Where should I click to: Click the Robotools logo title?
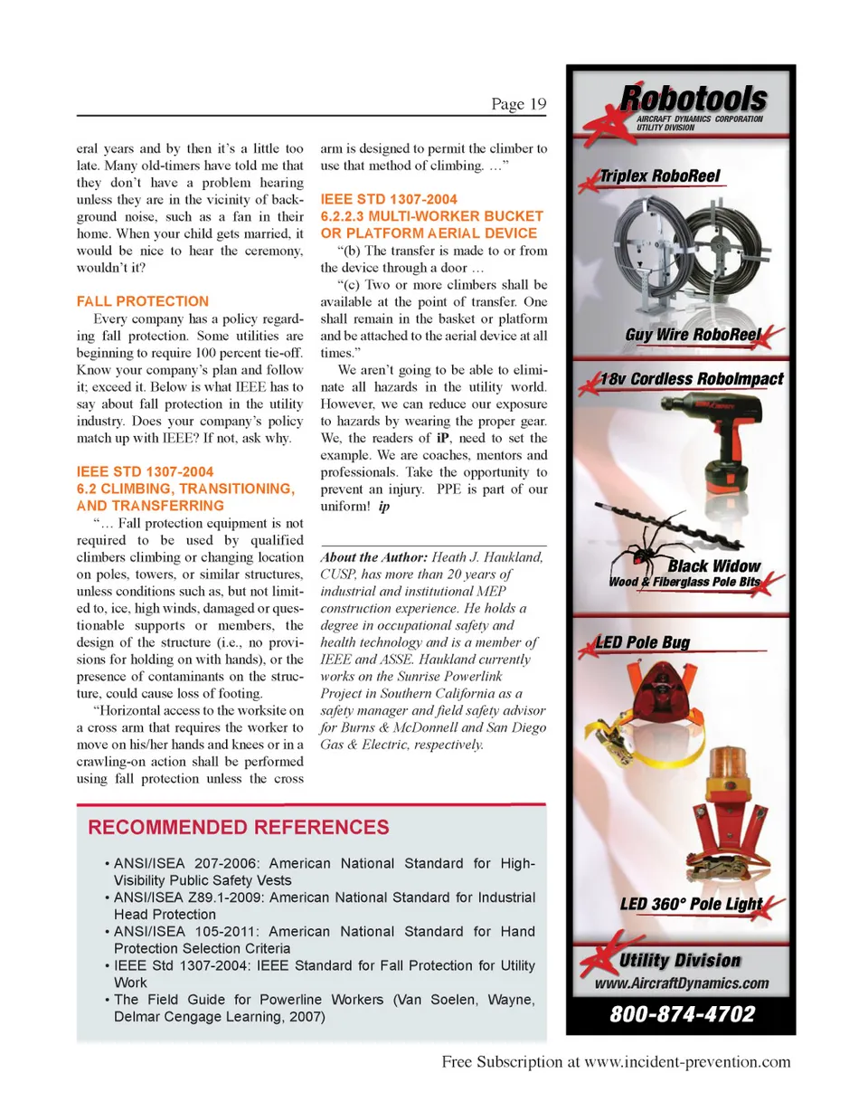(693, 97)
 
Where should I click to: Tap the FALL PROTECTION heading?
(142, 301)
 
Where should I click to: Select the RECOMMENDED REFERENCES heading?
(239, 827)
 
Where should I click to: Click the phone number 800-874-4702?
(682, 1014)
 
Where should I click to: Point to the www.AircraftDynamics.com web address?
(682, 983)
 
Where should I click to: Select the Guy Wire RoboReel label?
(692, 336)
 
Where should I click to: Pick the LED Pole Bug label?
(643, 642)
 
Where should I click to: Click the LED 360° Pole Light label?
(691, 904)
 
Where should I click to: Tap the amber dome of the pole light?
(730, 769)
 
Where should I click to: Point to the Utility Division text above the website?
(680, 961)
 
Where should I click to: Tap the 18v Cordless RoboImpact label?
(692, 379)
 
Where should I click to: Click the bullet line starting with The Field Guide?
(324, 1000)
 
